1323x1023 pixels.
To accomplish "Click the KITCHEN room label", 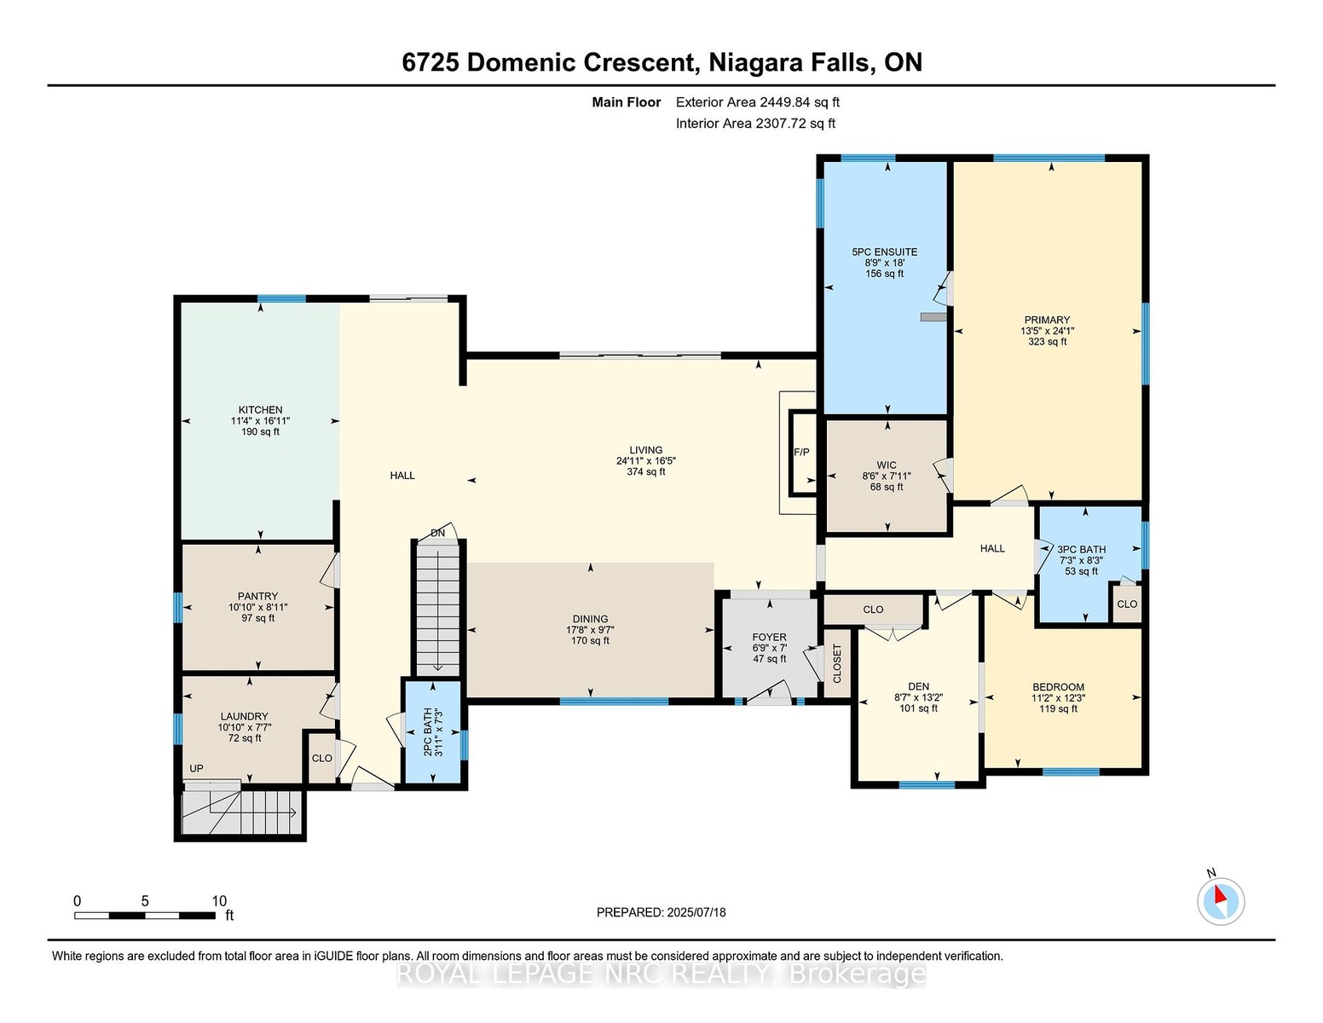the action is click(x=260, y=410).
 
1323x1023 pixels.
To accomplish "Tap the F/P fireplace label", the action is click(x=802, y=452).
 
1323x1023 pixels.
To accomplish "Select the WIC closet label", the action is click(x=887, y=465).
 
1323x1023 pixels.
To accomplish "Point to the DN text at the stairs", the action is click(x=438, y=533).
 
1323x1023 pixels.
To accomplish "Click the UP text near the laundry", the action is click(x=196, y=769).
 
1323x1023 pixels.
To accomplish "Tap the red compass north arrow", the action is click(x=1220, y=894).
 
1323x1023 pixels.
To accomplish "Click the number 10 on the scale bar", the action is click(x=219, y=901).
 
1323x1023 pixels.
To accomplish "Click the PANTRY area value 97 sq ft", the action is click(x=258, y=618).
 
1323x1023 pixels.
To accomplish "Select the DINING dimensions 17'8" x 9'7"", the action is click(x=590, y=630).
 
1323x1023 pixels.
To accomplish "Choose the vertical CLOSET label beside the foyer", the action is click(x=836, y=663).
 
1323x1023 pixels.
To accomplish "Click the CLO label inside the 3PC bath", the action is click(x=1127, y=604).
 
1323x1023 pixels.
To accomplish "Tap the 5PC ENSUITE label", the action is click(x=885, y=252).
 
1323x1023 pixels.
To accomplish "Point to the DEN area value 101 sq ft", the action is click(x=918, y=708).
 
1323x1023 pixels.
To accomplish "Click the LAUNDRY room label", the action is click(x=244, y=717).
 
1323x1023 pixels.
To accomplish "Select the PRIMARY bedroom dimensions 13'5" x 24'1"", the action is click(x=1047, y=331).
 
